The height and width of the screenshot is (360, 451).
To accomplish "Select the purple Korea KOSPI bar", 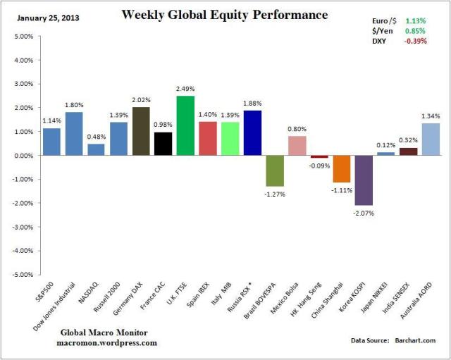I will pyautogui.click(x=364, y=180).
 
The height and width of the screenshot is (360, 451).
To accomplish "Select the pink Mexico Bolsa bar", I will pyautogui.click(x=297, y=145).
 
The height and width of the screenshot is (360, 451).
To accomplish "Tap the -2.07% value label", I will pyautogui.click(x=364, y=212).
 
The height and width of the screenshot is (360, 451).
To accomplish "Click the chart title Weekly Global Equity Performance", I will pyautogui.click(x=215, y=14).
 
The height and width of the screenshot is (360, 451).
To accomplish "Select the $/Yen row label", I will pyautogui.click(x=381, y=30).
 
